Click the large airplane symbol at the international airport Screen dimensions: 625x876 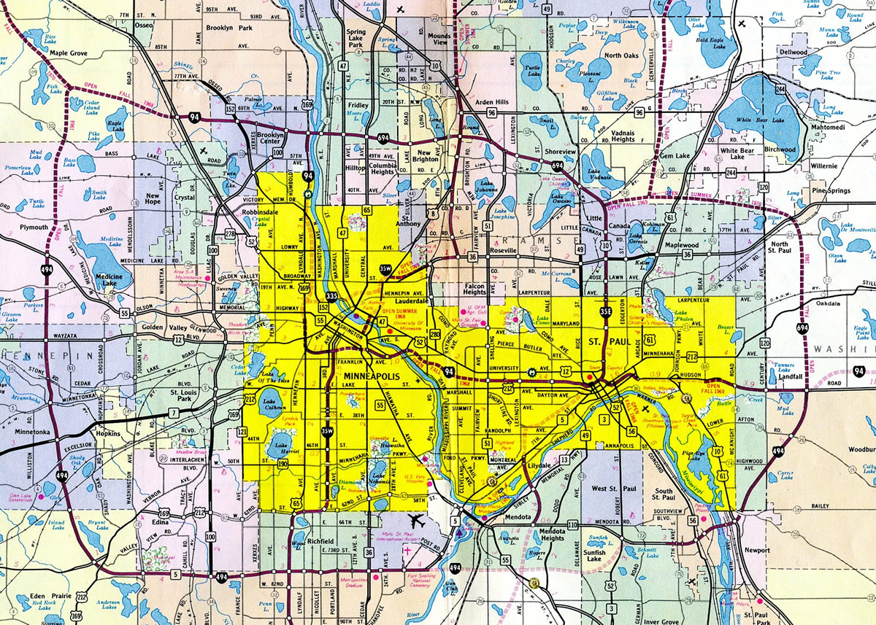(x=418, y=521)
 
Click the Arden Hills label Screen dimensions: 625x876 (x=491, y=102)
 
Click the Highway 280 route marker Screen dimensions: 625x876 (x=434, y=334)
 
